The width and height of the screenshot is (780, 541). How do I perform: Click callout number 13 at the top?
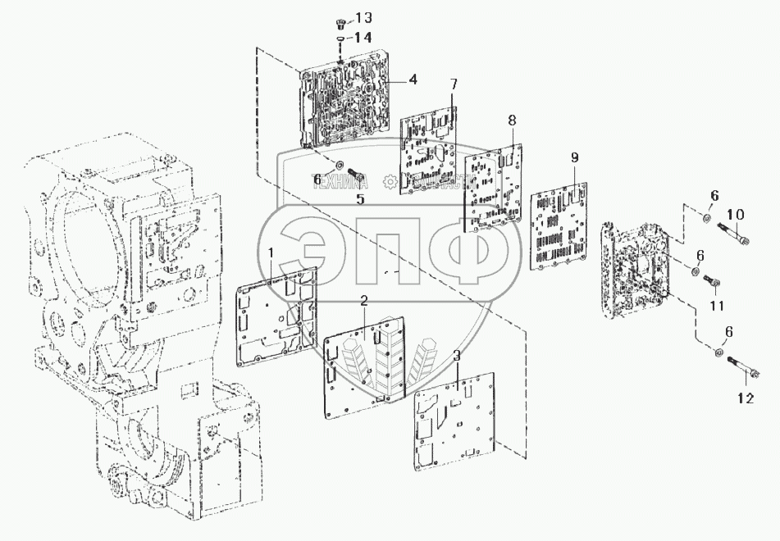click(363, 18)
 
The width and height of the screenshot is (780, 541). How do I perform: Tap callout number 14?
click(363, 37)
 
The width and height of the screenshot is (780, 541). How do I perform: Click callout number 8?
click(512, 120)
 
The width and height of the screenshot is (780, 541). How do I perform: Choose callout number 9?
click(574, 157)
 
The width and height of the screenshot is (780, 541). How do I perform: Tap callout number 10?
click(736, 215)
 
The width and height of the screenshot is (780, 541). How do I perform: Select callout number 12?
click(744, 399)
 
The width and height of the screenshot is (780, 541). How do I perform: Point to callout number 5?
click(358, 198)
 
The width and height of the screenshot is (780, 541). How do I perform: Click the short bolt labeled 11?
click(711, 283)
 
